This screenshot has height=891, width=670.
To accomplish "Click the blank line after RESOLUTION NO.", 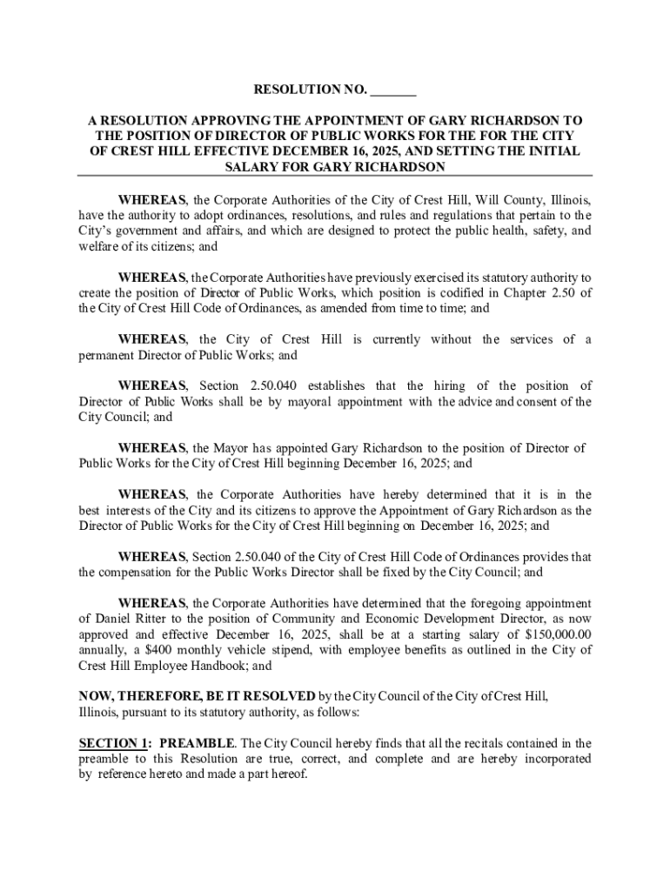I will point(392,90).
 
